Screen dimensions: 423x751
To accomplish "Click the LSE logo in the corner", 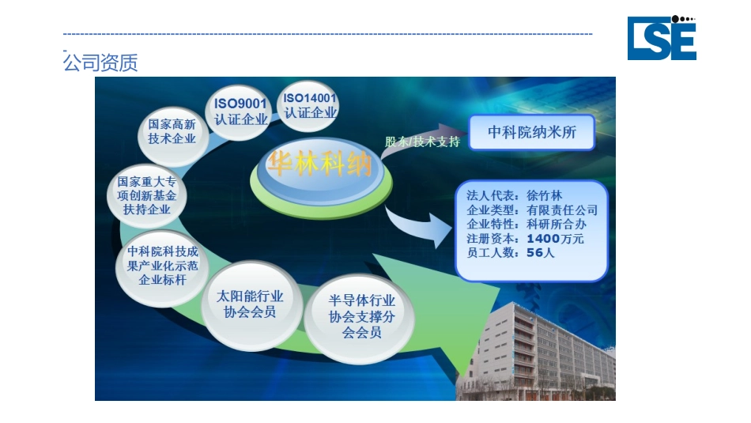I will coord(662,38).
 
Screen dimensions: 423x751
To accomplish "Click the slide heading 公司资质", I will coord(100,63).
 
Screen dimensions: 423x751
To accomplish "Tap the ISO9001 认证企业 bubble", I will coord(241,111).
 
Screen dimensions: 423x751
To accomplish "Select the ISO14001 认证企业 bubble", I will coord(310,106).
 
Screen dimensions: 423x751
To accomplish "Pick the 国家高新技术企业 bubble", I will coord(172,132).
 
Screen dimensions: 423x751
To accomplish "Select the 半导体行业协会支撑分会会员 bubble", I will coord(361,316).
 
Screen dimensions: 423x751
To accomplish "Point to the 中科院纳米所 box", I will coord(530,132).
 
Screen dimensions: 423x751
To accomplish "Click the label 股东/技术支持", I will coord(421,142).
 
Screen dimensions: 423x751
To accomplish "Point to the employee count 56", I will coord(535,253).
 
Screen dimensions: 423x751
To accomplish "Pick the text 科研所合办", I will coord(556,225).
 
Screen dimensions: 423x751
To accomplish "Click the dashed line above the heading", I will coord(327,34).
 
